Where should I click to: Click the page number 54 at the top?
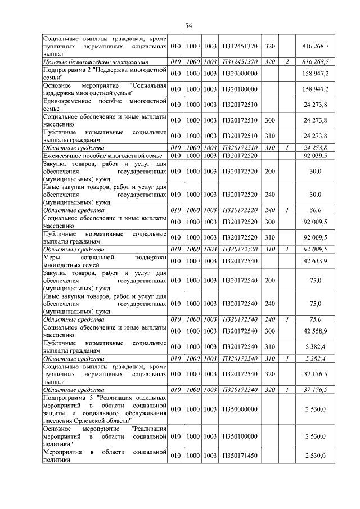189,25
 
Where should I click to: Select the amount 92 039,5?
315,155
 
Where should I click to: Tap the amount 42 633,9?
315,261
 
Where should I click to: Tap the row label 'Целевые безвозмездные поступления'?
96,61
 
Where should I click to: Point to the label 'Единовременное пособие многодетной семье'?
105,105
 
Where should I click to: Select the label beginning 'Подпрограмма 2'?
105,73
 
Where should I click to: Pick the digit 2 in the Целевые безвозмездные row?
286,61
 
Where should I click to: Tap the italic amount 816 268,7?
315,61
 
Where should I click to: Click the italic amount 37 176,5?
315,389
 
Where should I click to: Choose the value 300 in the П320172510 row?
270,120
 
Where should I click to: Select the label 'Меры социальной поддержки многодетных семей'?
105,261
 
